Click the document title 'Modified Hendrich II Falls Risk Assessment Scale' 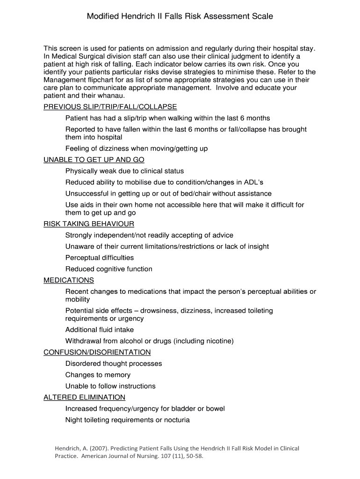[x=180, y=16]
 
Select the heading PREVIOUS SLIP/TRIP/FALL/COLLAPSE [x=110, y=107]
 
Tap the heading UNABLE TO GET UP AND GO [x=94, y=160]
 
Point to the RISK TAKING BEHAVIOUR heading [x=89, y=224]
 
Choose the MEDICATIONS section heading [x=69, y=280]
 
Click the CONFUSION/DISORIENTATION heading [x=97, y=352]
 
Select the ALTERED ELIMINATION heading [x=85, y=397]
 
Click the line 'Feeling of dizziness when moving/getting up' [x=137, y=148]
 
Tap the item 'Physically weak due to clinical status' [x=124, y=171]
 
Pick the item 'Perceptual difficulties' [x=100, y=258]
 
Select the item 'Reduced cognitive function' [x=109, y=269]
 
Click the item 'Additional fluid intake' [x=100, y=330]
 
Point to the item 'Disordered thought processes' [x=114, y=363]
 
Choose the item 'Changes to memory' [x=98, y=375]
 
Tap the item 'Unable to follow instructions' [x=110, y=386]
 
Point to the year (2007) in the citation [x=103, y=449]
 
